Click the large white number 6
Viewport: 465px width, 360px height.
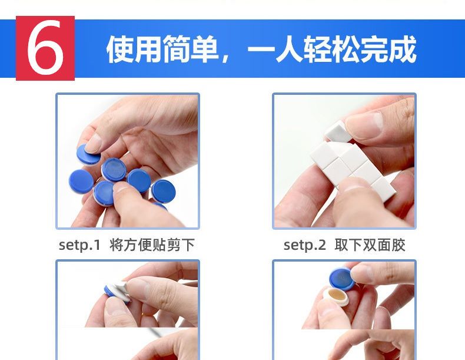pyautogui.click(x=45, y=48)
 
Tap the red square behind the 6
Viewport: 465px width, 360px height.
pyautogui.click(x=45, y=48)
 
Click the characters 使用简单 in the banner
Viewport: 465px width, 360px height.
pyautogui.click(x=162, y=49)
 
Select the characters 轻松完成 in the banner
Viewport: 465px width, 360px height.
pyautogui.click(x=360, y=49)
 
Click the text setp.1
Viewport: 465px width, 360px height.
pyautogui.click(x=80, y=246)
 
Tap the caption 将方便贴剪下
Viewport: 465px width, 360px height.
pyautogui.click(x=152, y=245)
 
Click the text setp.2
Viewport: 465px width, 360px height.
pyautogui.click(x=304, y=246)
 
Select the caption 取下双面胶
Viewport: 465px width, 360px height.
pyautogui.click(x=370, y=245)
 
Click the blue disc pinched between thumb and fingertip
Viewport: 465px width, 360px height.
pyautogui.click(x=88, y=154)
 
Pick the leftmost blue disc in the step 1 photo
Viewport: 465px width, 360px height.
pyautogui.click(x=81, y=182)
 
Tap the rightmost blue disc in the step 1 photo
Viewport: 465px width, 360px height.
pyautogui.click(x=163, y=191)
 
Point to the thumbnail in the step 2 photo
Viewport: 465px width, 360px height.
pyautogui.click(x=364, y=123)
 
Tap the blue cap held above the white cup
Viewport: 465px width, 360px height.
pyautogui.click(x=343, y=279)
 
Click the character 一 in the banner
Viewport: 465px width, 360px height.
pyautogui.click(x=261, y=49)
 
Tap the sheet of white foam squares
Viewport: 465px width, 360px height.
pyautogui.click(x=353, y=168)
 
